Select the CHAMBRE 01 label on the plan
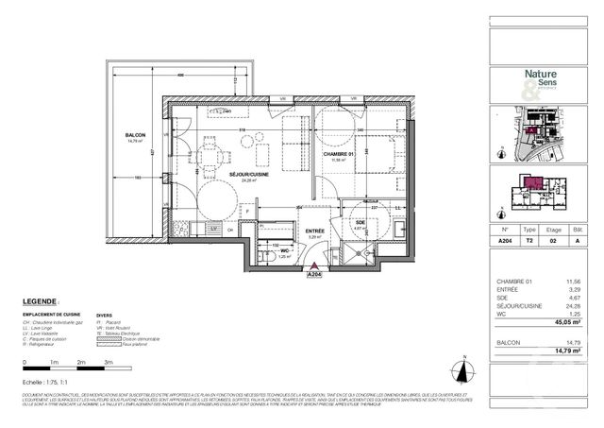[337, 155]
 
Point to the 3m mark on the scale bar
[109, 363]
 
